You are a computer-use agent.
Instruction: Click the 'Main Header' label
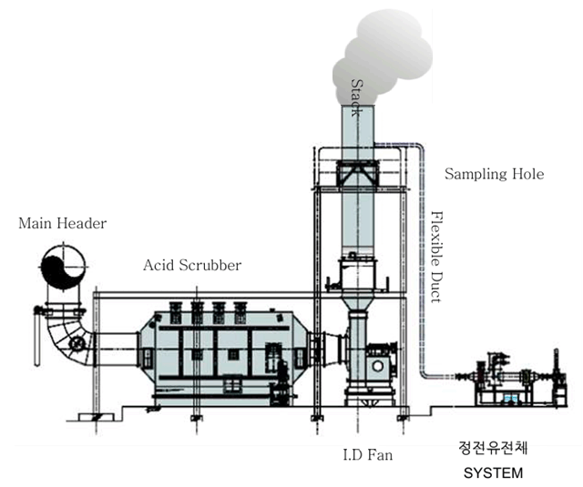click(x=62, y=223)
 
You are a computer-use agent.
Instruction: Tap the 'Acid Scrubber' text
click(x=192, y=266)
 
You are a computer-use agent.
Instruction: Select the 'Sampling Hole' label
click(x=495, y=173)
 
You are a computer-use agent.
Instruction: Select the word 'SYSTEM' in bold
click(x=495, y=473)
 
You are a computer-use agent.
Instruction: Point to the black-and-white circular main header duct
click(x=63, y=269)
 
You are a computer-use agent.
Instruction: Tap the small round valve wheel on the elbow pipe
click(x=80, y=344)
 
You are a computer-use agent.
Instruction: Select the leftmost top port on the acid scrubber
click(x=172, y=311)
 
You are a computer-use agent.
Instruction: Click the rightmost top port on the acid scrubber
click(x=240, y=311)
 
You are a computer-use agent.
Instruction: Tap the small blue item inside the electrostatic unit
click(x=510, y=399)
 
